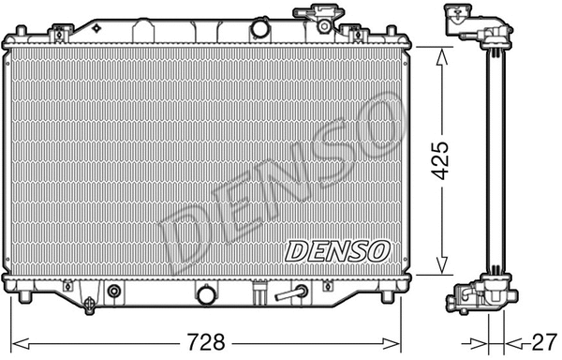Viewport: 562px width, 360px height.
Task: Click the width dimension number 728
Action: [x=204, y=338]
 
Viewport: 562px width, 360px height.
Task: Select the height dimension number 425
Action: [x=441, y=160]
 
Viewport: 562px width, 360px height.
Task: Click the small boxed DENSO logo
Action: [x=336, y=249]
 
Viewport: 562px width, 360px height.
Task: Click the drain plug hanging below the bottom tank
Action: [x=90, y=305]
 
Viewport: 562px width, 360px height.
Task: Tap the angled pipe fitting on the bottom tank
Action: [x=296, y=293]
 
